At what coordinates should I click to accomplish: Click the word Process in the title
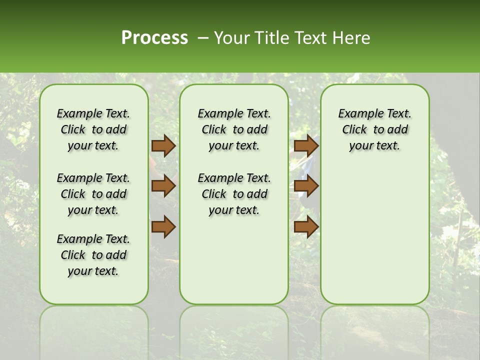pyautogui.click(x=154, y=38)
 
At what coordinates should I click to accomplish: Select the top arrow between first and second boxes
pyautogui.click(x=163, y=145)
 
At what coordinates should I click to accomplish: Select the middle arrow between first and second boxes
pyautogui.click(x=163, y=186)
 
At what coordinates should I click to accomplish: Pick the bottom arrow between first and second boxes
pyautogui.click(x=163, y=227)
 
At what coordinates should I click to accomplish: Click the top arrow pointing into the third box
pyautogui.click(x=306, y=145)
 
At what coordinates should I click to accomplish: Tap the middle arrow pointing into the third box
pyautogui.click(x=306, y=186)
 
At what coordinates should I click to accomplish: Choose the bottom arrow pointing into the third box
pyautogui.click(x=306, y=227)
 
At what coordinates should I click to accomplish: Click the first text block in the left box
pyautogui.click(x=93, y=129)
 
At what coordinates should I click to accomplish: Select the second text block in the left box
pyautogui.click(x=93, y=194)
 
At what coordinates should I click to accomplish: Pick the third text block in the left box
pyautogui.click(x=93, y=255)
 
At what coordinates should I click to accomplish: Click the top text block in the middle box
pyautogui.click(x=234, y=129)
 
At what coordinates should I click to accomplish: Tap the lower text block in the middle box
pyautogui.click(x=234, y=194)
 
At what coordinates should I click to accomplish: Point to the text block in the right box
pyautogui.click(x=374, y=129)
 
